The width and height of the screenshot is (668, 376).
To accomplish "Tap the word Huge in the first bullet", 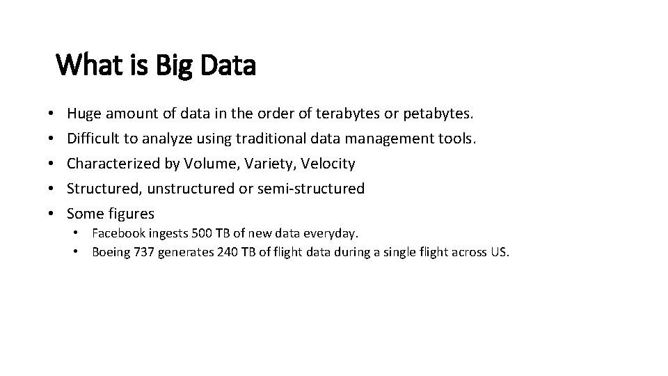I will (83, 113).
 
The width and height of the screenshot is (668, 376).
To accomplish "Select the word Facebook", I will (118, 233).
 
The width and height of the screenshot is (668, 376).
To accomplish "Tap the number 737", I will (143, 251).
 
